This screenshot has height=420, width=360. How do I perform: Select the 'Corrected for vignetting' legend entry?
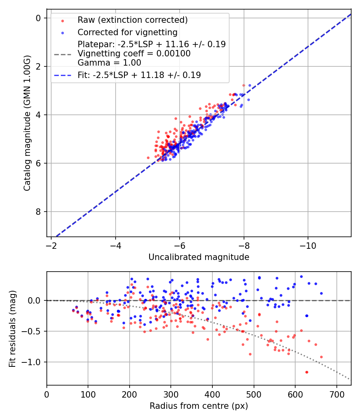[x=128, y=32]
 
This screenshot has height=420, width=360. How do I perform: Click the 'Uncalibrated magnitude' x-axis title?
[x=199, y=257]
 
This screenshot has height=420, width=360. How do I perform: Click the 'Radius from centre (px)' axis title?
[x=199, y=406]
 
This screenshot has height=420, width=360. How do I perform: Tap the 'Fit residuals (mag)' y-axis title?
[x=12, y=328]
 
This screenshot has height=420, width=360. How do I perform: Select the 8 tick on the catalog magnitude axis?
[x=38, y=212]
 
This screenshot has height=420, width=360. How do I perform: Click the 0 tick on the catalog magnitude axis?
[x=38, y=18]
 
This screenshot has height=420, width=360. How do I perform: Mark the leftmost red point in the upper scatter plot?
[x=148, y=158]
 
